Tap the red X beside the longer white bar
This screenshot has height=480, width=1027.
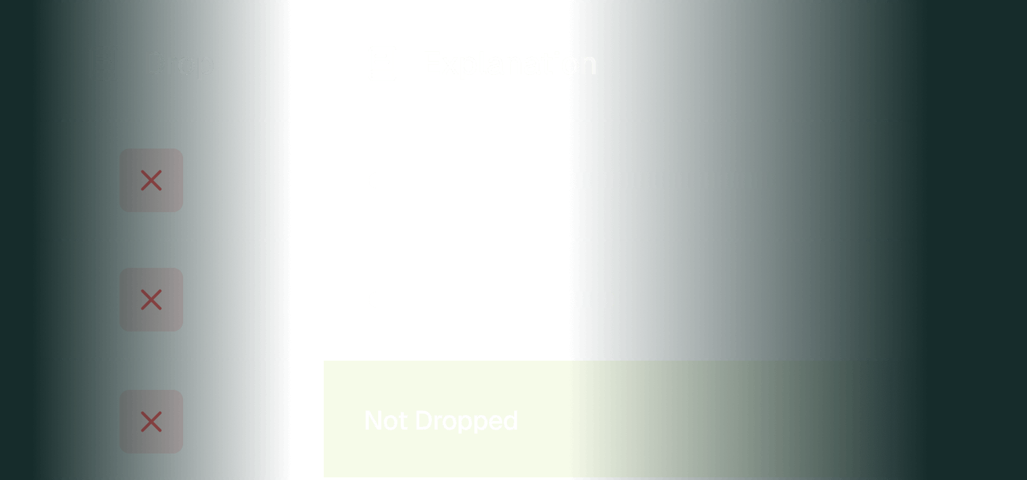click(x=151, y=180)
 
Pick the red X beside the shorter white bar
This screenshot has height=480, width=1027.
click(x=151, y=300)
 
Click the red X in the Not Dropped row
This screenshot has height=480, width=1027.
click(x=151, y=422)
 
